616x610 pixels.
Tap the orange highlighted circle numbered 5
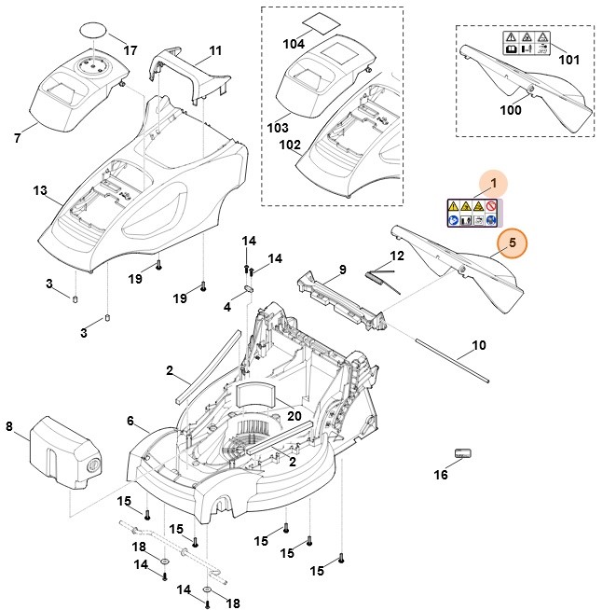point(510,243)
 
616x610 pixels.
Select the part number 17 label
point(130,49)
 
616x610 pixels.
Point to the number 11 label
point(215,49)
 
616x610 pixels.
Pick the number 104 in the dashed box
point(293,44)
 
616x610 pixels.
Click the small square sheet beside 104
point(324,21)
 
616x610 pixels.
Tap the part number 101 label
point(568,60)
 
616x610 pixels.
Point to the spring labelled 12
point(380,277)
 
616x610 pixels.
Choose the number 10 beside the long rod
point(478,346)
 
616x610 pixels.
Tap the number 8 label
point(9,427)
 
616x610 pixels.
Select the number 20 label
point(294,416)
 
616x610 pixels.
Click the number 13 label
point(39,190)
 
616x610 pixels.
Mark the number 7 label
point(17,139)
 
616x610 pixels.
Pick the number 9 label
point(342,270)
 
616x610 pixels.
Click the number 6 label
point(130,422)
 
